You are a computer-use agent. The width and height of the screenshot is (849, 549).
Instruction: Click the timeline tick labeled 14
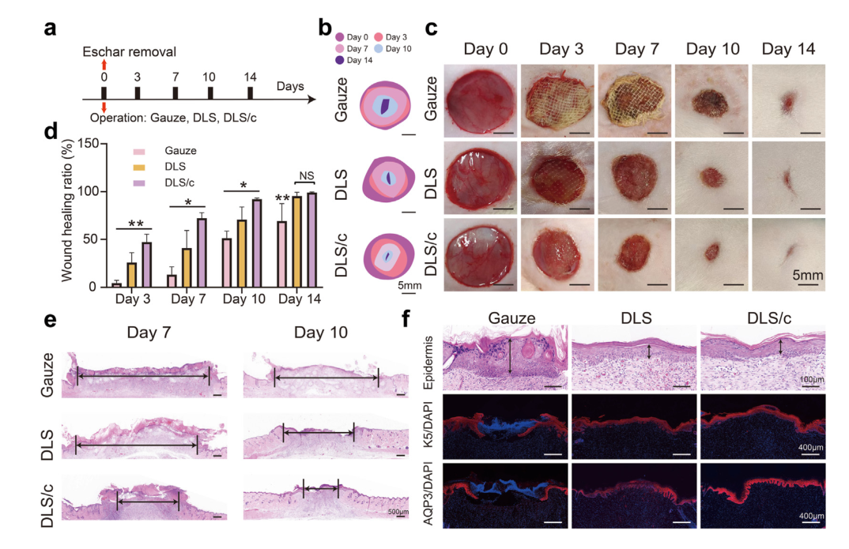click(251, 93)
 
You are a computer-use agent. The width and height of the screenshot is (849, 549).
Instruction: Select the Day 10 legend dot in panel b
click(379, 49)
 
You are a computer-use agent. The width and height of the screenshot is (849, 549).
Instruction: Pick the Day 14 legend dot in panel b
click(341, 61)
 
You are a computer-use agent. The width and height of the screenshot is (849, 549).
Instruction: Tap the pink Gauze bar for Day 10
click(225, 262)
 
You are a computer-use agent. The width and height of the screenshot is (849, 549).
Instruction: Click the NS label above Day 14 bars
click(305, 176)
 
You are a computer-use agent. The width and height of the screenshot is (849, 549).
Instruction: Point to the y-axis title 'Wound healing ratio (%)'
click(68, 215)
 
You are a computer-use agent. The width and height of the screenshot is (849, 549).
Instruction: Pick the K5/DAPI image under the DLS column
click(634, 426)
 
